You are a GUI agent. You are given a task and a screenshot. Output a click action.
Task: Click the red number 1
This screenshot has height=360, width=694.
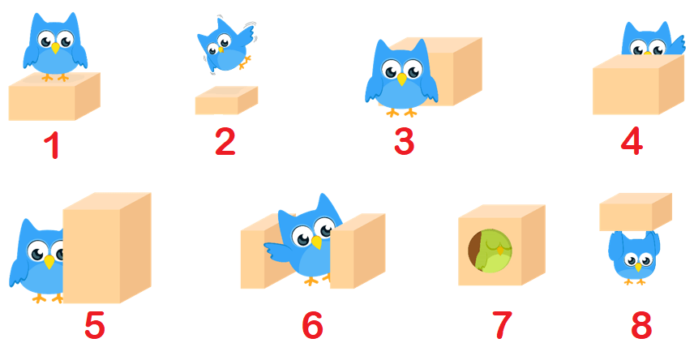[x=53, y=145]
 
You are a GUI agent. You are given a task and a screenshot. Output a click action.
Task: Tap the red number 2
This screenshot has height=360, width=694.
[x=225, y=141]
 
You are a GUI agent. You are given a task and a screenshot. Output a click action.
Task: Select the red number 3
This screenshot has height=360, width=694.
[x=404, y=141]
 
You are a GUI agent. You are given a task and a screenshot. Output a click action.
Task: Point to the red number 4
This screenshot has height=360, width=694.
[x=632, y=141]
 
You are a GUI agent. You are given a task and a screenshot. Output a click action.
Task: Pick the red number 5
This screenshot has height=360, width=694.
[x=95, y=325]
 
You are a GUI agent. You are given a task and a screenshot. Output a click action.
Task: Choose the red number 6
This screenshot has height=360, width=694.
[x=312, y=325]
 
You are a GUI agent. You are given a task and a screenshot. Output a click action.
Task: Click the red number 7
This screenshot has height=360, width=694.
[x=503, y=325]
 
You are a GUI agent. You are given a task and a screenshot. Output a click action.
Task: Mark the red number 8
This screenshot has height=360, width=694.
[x=641, y=325]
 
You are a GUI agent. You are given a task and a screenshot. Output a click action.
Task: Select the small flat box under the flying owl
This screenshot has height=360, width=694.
[x=227, y=100]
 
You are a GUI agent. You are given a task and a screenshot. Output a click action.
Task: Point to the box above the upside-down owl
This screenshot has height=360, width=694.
[x=636, y=212]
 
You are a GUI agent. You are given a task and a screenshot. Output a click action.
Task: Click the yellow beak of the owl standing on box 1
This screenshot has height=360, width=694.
[x=55, y=47]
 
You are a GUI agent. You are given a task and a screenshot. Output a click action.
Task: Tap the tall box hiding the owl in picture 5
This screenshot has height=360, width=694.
[x=107, y=247]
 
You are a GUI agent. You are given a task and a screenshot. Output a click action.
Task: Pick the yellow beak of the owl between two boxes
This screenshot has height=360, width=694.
[x=317, y=242]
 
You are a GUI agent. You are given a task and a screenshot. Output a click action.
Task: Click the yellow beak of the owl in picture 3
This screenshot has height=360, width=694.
[x=401, y=79]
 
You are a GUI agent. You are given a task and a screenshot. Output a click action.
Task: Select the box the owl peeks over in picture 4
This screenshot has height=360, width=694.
[x=638, y=84]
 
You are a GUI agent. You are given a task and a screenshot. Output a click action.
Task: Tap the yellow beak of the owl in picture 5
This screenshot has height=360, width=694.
[x=49, y=261]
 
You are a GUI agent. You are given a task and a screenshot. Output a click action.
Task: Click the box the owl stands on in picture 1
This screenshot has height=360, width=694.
[x=54, y=96]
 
